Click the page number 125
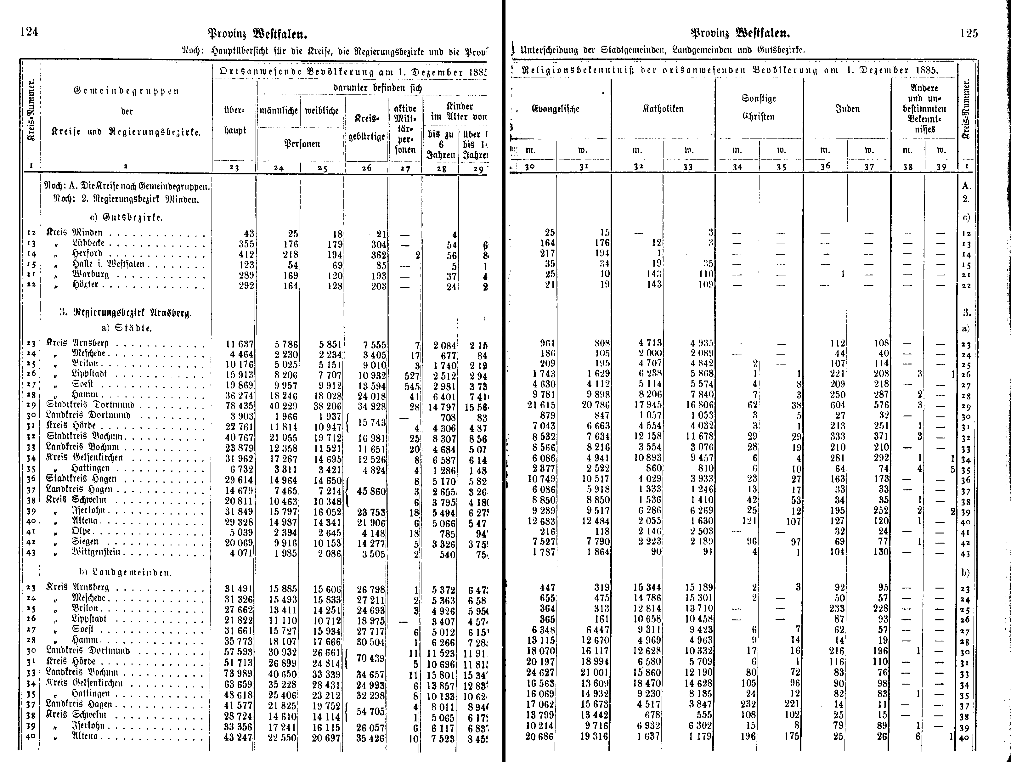pos(969,33)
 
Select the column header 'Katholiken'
pos(663,109)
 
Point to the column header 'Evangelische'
pos(555,109)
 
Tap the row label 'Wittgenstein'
pos(96,552)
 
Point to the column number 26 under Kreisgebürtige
pos(367,168)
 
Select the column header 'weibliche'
pos(322,110)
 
